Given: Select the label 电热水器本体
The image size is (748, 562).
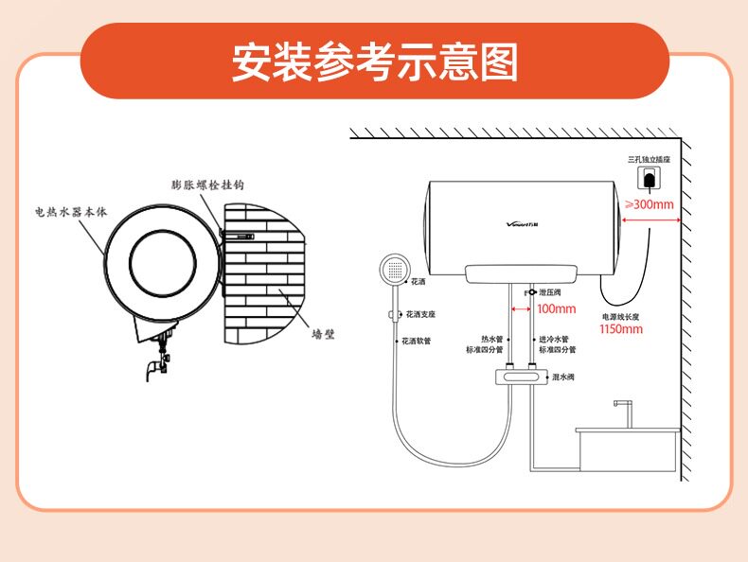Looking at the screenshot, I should [71, 212].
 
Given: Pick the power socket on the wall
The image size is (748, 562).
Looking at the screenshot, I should [650, 179].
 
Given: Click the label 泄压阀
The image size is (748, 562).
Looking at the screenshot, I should [549, 293].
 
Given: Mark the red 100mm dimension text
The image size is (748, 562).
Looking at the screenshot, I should [556, 309].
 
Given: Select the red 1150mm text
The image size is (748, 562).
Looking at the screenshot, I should [620, 329].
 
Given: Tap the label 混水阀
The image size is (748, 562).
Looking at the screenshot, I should [562, 377].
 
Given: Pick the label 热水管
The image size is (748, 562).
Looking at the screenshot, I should [491, 339].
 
